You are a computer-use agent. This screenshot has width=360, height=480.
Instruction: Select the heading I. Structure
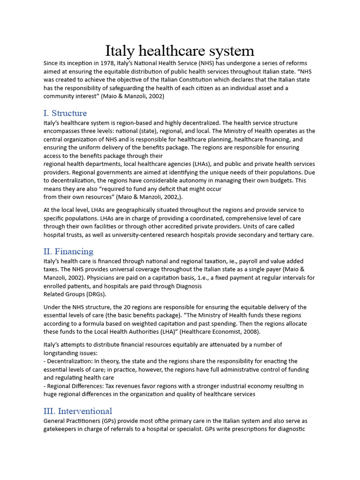(x=65, y=113)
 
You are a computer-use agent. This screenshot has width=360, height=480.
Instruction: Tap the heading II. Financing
(x=68, y=251)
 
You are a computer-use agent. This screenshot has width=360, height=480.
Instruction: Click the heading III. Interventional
(x=78, y=411)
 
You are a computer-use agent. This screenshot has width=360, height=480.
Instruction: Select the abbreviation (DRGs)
(x=96, y=294)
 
